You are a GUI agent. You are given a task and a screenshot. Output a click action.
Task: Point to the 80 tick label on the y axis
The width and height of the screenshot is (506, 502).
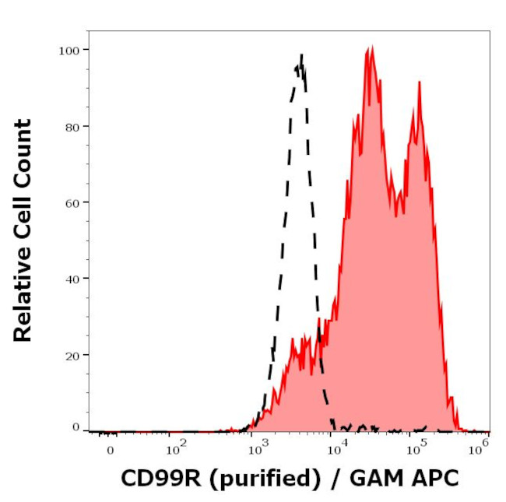(x=71, y=126)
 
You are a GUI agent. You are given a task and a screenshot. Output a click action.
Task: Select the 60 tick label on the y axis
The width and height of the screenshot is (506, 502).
(x=71, y=202)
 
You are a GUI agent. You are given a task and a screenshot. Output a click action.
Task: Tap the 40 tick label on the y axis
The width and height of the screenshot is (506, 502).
(x=71, y=279)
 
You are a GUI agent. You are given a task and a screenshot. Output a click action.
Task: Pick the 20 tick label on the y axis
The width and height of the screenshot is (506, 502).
(x=71, y=355)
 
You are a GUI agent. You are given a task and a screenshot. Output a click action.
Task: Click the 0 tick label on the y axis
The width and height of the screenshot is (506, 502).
(x=76, y=427)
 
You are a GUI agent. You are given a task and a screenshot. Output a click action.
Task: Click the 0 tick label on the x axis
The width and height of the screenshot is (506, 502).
(x=110, y=450)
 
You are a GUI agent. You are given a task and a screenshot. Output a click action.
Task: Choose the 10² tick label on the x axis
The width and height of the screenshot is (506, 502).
(x=177, y=448)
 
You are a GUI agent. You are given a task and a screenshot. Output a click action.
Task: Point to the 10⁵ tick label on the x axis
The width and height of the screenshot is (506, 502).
(x=418, y=448)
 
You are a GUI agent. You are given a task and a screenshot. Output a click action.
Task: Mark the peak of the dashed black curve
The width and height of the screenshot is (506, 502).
(x=300, y=55)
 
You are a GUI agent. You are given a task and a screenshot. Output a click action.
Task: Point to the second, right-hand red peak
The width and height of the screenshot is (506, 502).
(x=419, y=82)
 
